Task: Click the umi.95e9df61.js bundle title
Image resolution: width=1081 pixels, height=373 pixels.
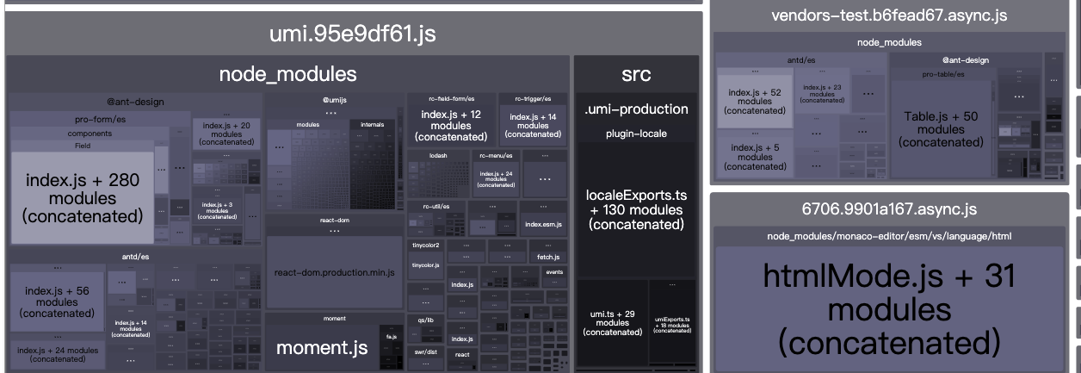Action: pos(353,34)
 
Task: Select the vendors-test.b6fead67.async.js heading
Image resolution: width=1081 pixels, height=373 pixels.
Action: pos(889,16)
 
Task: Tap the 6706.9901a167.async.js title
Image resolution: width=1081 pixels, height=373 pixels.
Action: pos(889,209)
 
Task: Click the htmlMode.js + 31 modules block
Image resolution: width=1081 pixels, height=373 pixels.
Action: pos(889,308)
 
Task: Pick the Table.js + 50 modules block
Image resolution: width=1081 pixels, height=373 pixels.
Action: pos(941,128)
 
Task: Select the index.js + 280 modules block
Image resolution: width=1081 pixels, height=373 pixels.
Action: pos(83,198)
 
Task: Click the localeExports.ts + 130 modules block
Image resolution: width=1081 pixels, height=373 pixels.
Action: pos(636,209)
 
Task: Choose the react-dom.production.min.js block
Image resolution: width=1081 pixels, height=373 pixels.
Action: pos(334,272)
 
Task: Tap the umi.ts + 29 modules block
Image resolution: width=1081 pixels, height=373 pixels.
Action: pos(612,322)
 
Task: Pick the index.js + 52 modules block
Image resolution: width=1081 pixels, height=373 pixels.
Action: pos(754,101)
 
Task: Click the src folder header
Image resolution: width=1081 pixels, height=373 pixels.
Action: pos(636,75)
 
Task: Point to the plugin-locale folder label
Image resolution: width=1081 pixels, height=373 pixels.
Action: pos(636,134)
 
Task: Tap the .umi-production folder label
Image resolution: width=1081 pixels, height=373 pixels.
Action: pos(636,109)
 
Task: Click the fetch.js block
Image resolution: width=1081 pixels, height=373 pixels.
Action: pos(548,257)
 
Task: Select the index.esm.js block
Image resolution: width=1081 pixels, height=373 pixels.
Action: pos(543,224)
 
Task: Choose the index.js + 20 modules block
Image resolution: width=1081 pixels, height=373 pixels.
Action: pos(226,134)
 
